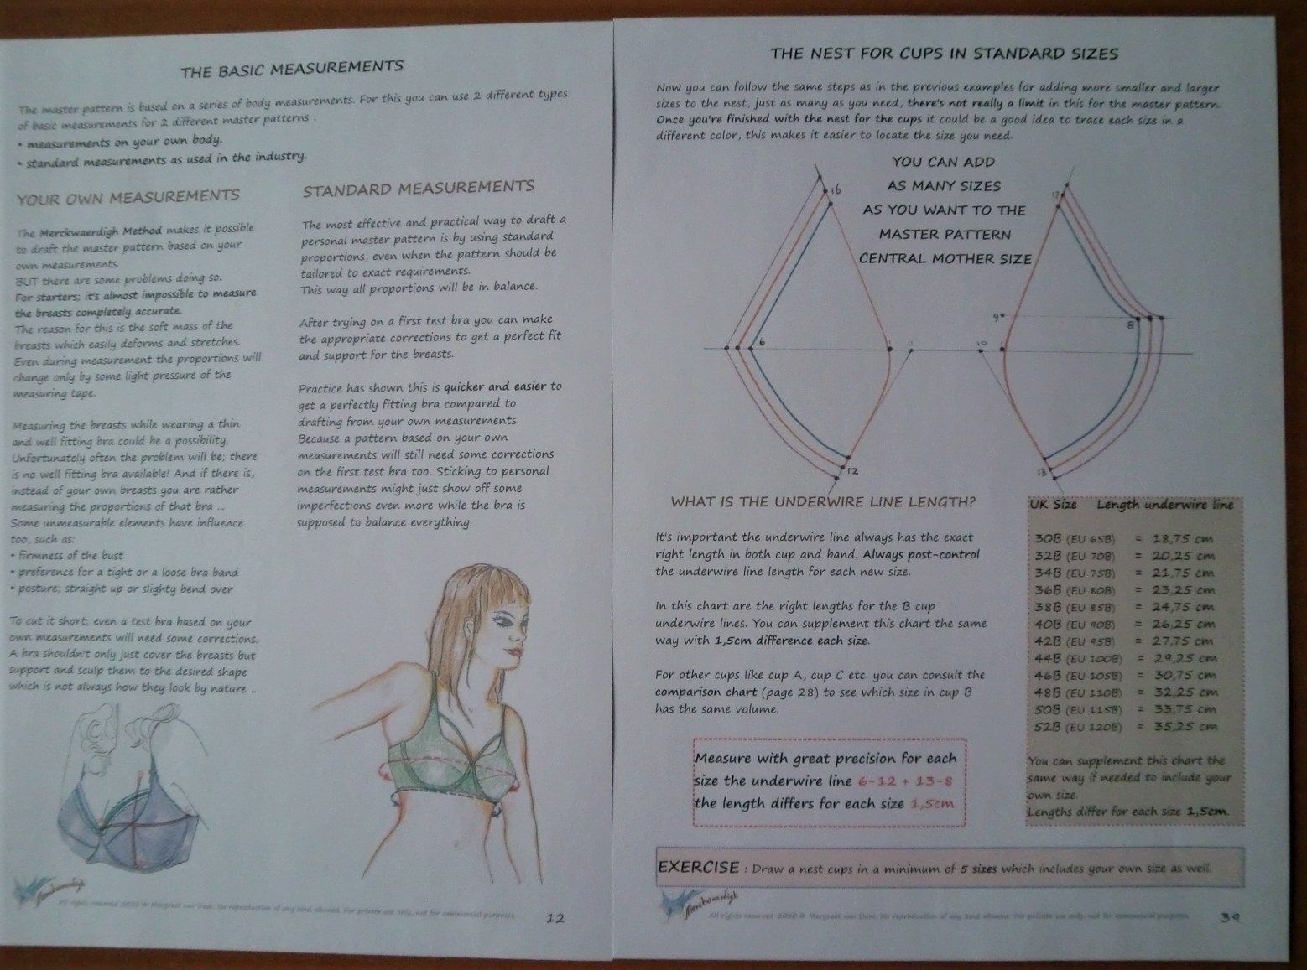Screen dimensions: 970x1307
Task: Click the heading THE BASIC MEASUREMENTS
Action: point(292,69)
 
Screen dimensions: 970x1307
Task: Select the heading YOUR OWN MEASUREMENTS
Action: point(128,197)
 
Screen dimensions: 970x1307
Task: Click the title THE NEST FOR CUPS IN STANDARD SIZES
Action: point(944,54)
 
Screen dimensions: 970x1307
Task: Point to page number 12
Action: point(555,917)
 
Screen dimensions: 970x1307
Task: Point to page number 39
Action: point(1230,916)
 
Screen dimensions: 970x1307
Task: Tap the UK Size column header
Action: point(1053,506)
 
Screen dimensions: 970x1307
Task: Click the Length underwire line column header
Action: point(1164,505)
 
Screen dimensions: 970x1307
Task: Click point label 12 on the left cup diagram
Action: point(852,471)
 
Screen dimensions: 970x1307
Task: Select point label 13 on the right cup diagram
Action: point(1041,473)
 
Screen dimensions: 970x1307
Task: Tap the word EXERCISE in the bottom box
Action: point(698,867)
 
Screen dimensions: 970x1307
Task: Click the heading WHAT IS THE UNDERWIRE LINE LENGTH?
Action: point(823,502)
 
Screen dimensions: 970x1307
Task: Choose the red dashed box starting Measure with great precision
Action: point(829,781)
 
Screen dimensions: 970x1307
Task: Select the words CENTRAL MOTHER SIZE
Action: point(945,259)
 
